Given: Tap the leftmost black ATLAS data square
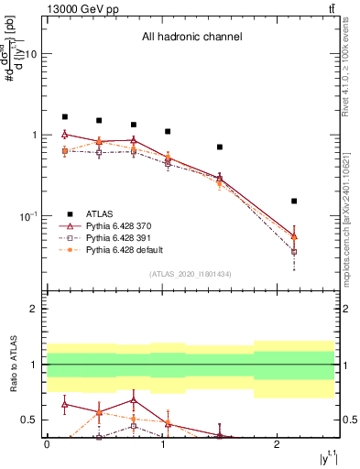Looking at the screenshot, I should pos(64,117).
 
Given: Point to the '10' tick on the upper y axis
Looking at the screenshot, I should pos(29,54).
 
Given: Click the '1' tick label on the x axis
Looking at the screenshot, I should pos(162,444).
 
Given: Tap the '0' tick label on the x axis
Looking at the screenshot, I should pos(47,444).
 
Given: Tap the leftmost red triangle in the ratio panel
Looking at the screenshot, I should pos(64,403).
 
